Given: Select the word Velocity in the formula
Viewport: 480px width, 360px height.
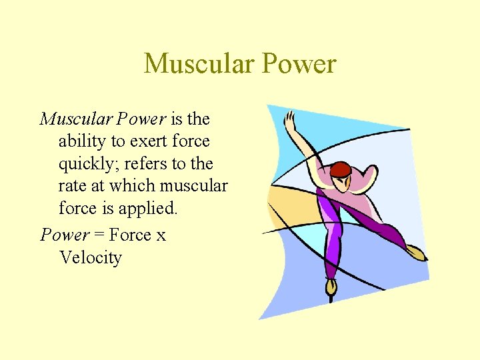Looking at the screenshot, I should click(90, 257).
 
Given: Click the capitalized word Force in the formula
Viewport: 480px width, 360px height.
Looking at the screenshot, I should click(130, 235).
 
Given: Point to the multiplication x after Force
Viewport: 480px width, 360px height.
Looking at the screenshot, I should click(161, 236).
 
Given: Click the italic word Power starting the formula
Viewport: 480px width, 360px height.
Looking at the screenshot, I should click(65, 235).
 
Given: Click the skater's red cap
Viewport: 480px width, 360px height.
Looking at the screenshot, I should click(341, 169).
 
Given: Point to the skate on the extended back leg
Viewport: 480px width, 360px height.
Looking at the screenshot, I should click(416, 252).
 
